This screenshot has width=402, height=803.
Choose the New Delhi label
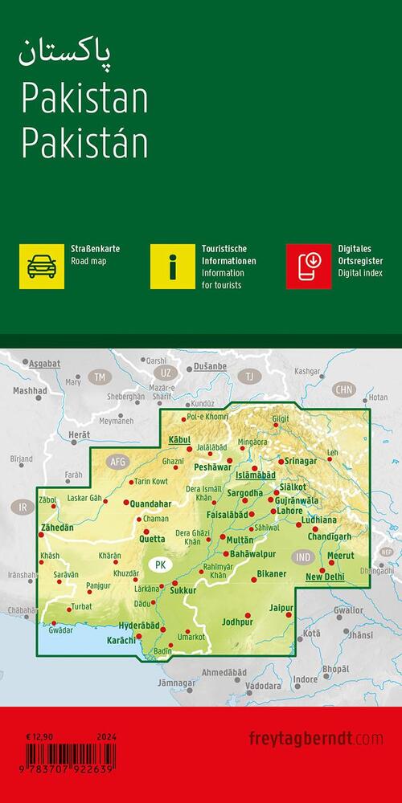pos(325,577)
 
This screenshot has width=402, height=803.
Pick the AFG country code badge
pos(118,461)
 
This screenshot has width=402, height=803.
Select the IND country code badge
pos(303,556)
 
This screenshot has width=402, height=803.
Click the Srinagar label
pos(301,462)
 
